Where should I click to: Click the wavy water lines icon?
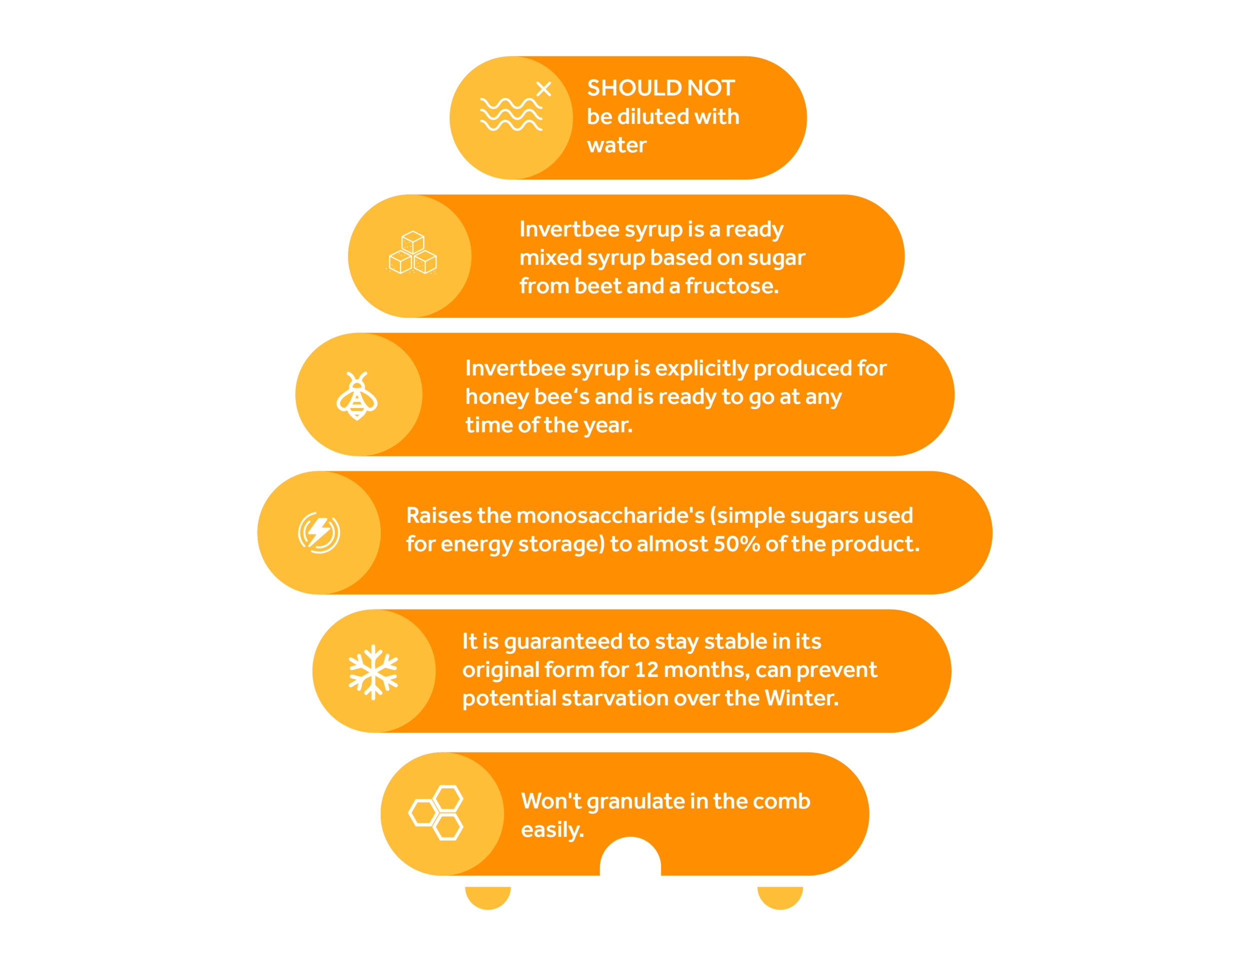510,114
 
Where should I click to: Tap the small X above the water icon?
543,88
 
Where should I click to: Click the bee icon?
357,395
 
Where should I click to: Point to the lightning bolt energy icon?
319,532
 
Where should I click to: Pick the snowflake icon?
373,672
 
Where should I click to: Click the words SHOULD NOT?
660,88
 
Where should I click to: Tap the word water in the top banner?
616,145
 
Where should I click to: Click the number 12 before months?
646,669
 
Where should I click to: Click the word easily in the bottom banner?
551,830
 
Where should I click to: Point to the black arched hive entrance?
630,858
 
